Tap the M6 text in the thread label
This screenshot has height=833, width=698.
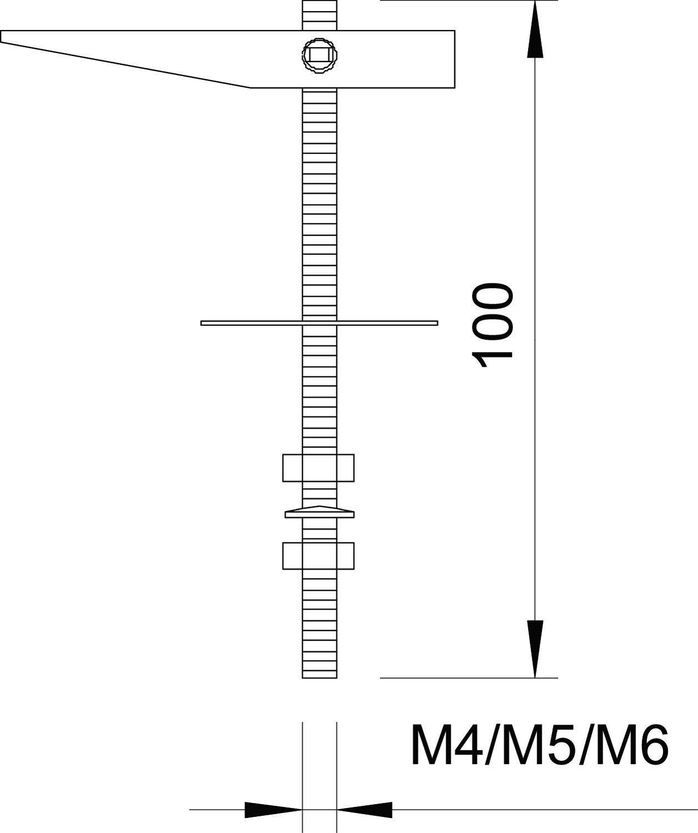[x=628, y=746]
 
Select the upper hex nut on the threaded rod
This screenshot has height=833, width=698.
[x=318, y=468]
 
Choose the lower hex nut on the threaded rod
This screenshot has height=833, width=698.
[x=318, y=555]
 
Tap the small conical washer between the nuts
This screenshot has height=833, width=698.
[x=319, y=513]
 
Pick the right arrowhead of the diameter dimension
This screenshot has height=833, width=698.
[x=364, y=810]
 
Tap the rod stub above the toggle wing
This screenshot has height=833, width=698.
[x=319, y=14]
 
